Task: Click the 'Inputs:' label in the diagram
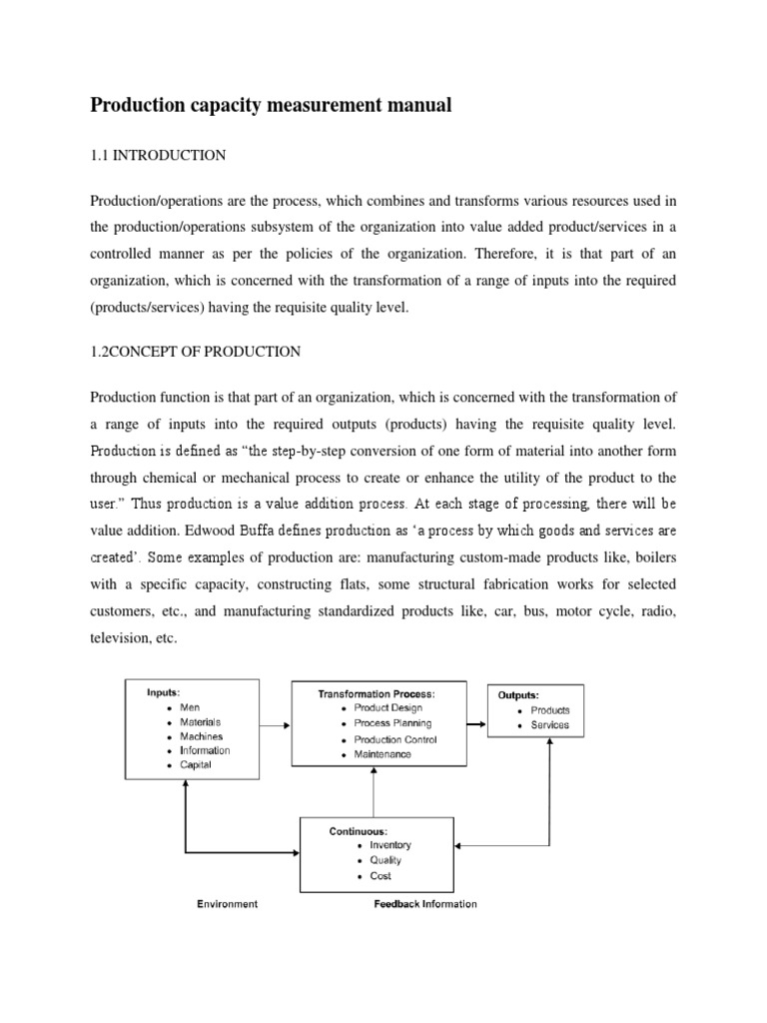pyautogui.click(x=164, y=692)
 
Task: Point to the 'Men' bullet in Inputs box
pyautogui.click(x=190, y=707)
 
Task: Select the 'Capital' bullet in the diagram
pyautogui.click(x=196, y=764)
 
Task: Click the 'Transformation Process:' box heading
pyautogui.click(x=377, y=693)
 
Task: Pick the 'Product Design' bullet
pyautogui.click(x=389, y=708)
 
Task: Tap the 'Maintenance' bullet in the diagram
pyautogui.click(x=382, y=754)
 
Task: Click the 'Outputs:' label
pyautogui.click(x=518, y=694)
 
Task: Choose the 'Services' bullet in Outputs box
pyautogui.click(x=550, y=724)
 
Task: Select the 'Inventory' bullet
pyautogui.click(x=389, y=845)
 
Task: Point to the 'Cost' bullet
pyautogui.click(x=380, y=876)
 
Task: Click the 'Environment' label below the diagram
pyautogui.click(x=227, y=904)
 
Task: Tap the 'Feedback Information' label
pyautogui.click(x=425, y=904)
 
